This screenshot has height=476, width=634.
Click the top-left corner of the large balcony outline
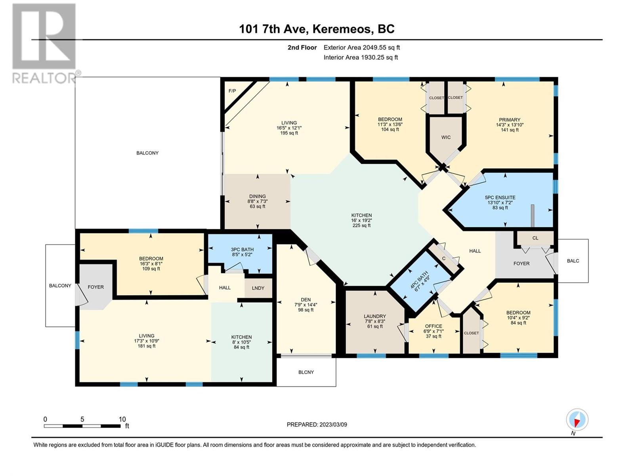75,77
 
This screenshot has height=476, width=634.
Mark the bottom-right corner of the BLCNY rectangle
336,386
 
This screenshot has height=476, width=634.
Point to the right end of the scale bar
120,426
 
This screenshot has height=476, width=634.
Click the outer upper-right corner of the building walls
558,77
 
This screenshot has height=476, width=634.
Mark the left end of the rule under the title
31,40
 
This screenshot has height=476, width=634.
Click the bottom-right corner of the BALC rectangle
588,282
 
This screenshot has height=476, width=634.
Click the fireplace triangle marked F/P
235,94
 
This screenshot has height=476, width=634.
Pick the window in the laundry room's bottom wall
371,355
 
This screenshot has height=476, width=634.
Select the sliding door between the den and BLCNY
306,356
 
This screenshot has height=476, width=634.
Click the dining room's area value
257,207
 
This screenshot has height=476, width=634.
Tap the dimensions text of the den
306,305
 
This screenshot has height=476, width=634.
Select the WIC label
446,137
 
